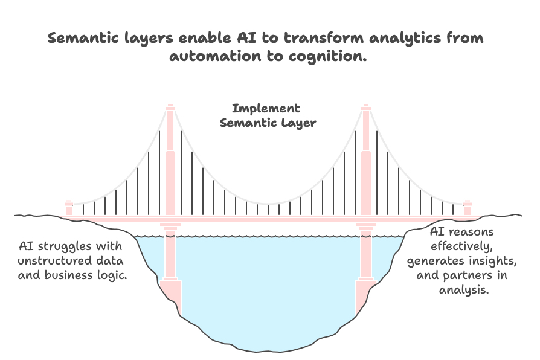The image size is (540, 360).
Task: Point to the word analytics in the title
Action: point(396,39)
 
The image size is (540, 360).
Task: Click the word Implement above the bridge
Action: point(266,109)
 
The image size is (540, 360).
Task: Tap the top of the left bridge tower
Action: point(171,108)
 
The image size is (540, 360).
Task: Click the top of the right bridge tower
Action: point(365,108)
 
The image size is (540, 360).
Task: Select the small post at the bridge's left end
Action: point(68,207)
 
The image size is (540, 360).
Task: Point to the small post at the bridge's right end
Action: point(468,207)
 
